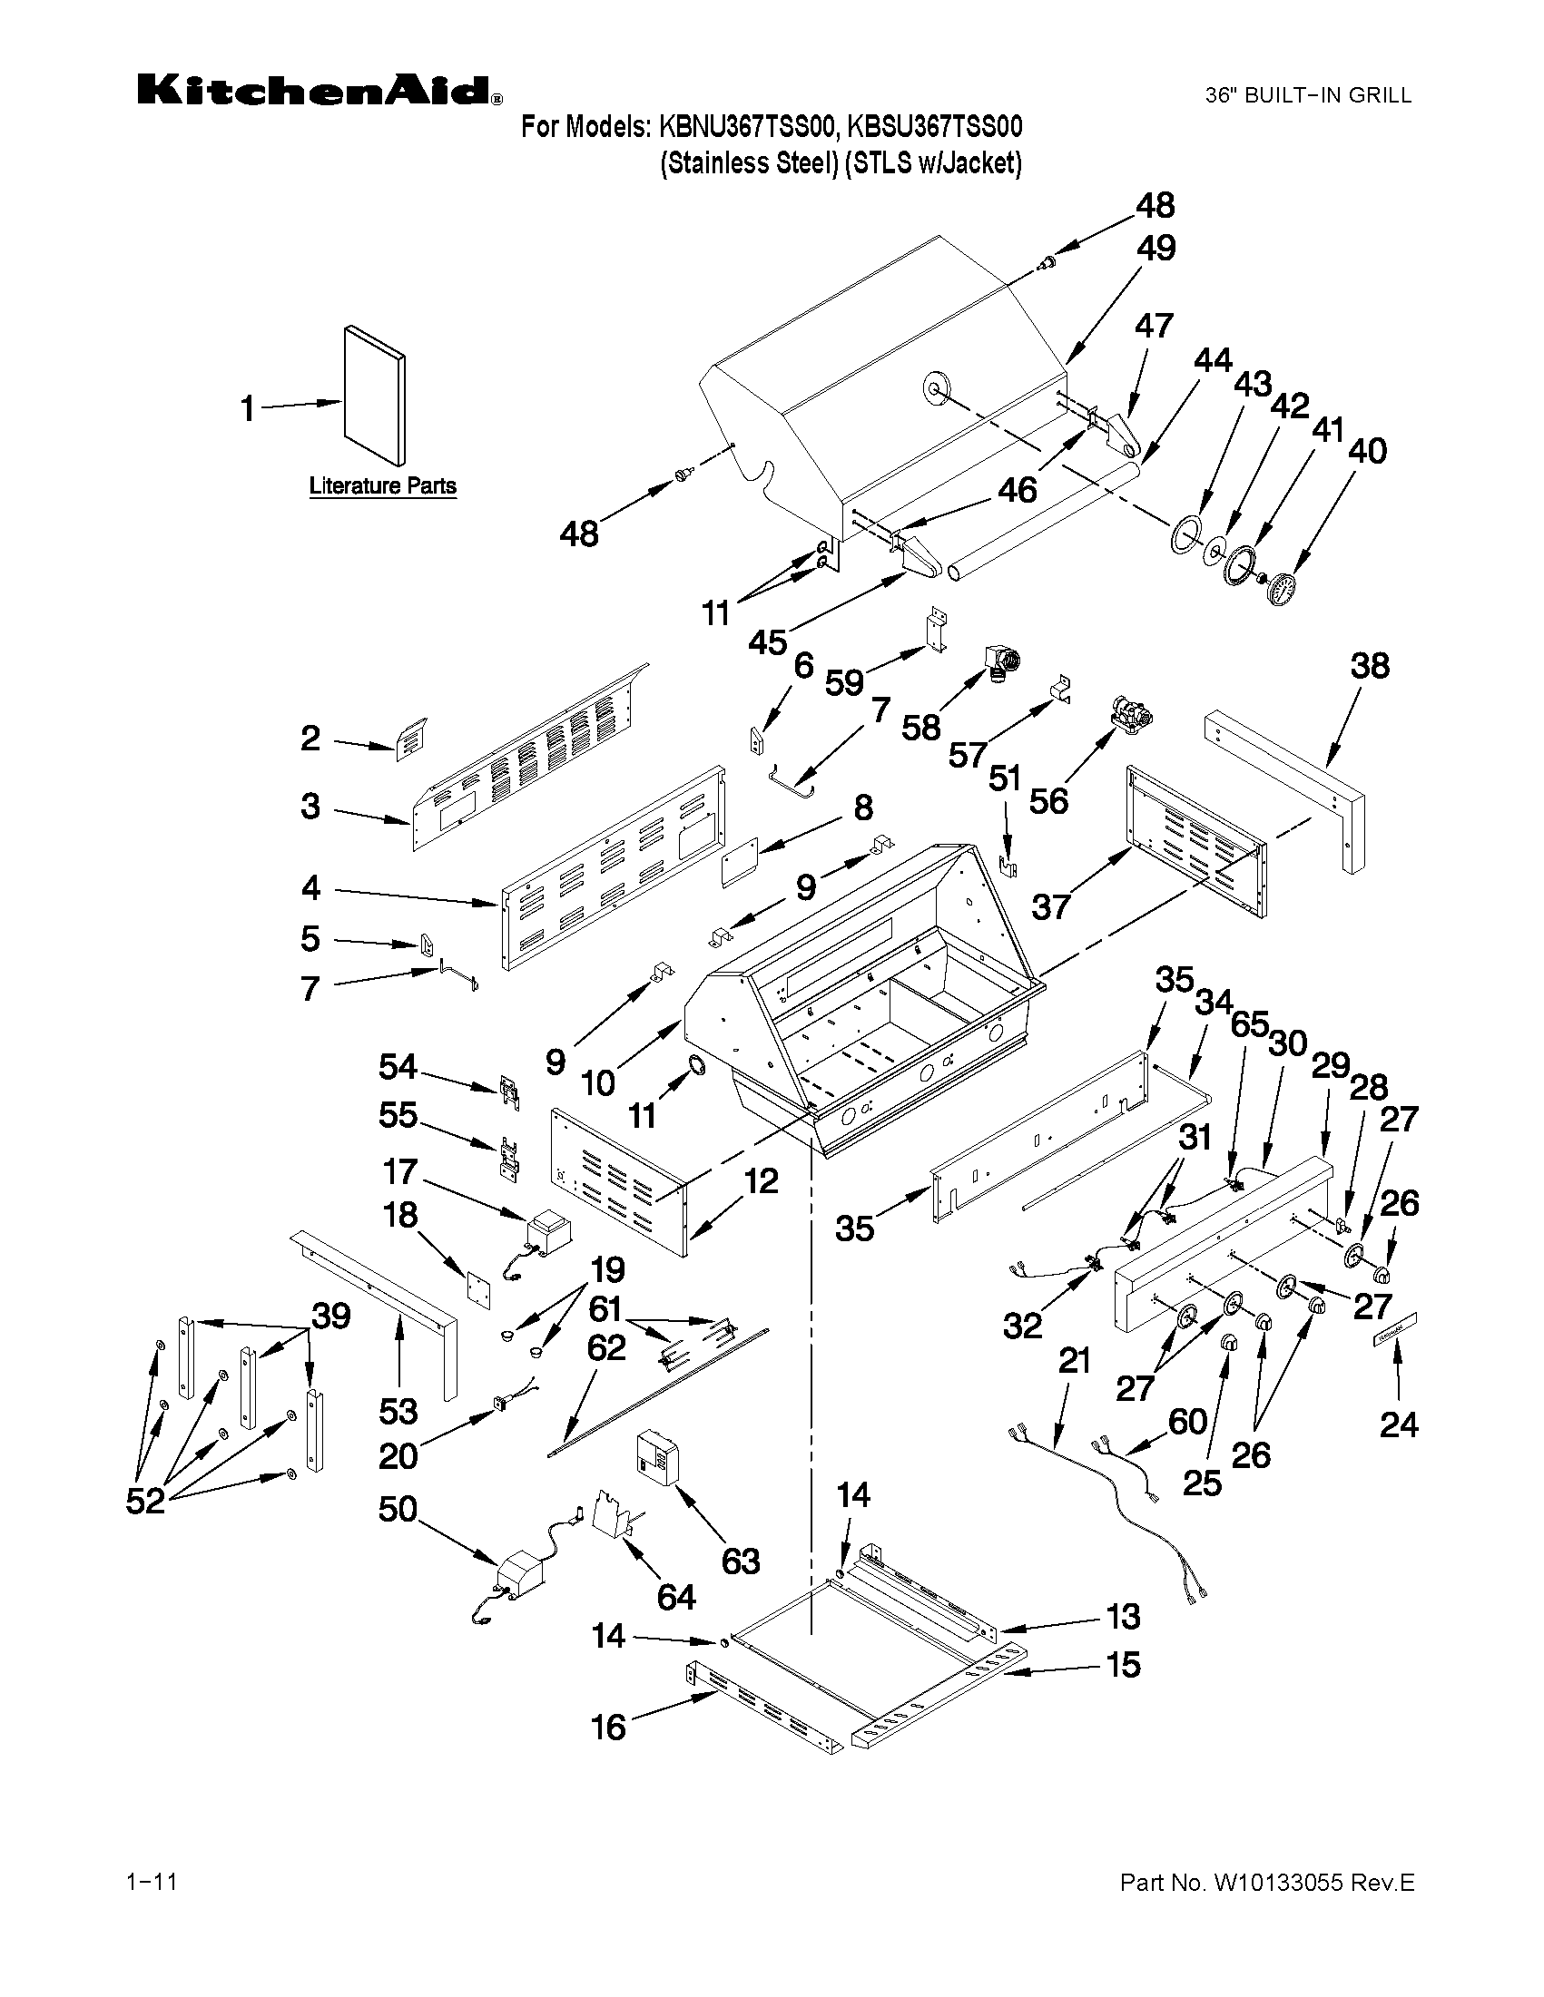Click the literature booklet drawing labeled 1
coord(375,395)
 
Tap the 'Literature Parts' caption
coord(382,486)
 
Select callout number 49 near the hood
coord(1156,249)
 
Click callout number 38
coord(1370,666)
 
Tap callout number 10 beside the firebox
coord(598,1083)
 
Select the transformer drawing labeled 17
coord(547,1230)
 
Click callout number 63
coord(740,1561)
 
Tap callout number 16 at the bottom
coord(608,1728)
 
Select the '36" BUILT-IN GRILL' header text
coord(1308,95)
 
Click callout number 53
coord(398,1412)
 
